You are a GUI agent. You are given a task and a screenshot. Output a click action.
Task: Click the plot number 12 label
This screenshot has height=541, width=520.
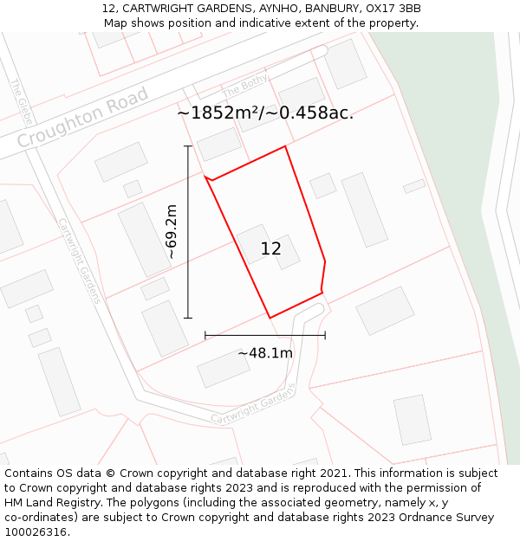(270, 249)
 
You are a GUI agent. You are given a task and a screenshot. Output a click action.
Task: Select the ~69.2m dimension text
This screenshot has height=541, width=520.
(172, 232)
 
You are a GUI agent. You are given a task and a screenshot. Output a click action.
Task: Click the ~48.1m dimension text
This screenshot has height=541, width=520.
(265, 353)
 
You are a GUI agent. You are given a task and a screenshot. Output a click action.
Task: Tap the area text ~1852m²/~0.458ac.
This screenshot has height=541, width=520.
(265, 113)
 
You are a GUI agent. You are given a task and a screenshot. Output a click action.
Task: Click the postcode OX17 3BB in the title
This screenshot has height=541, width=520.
(393, 9)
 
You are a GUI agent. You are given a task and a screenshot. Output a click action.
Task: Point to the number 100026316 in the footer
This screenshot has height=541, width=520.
(36, 532)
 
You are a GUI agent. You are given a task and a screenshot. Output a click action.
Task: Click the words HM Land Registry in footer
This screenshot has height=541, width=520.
(53, 503)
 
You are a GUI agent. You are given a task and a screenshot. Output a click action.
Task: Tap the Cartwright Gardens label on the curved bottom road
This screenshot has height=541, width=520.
(253, 404)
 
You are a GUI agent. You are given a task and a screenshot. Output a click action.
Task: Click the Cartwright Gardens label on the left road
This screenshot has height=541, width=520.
(80, 261)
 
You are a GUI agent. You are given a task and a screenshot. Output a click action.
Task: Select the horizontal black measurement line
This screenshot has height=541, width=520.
(265, 335)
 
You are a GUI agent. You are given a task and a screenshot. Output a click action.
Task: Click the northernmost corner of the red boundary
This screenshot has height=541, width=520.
(285, 146)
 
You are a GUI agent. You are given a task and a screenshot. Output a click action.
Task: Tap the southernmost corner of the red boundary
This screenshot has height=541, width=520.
(270, 318)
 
